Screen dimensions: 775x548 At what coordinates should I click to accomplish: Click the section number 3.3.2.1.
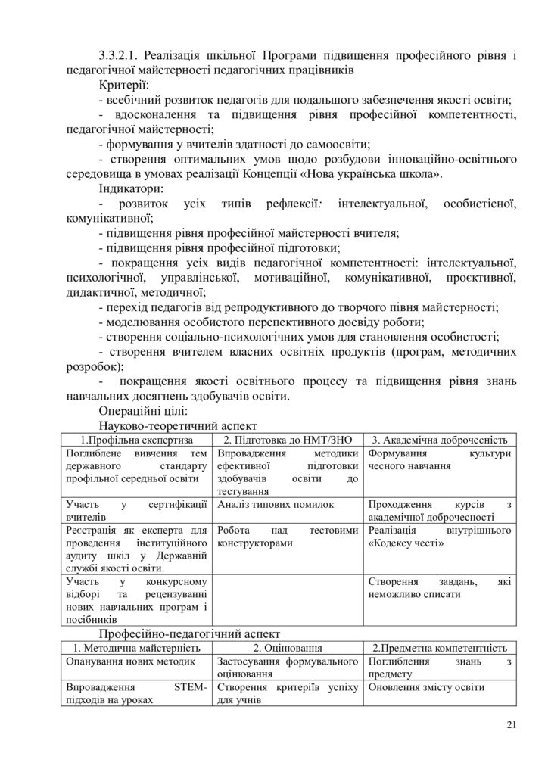click(x=117, y=56)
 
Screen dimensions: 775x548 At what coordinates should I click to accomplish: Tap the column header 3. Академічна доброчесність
click(x=441, y=439)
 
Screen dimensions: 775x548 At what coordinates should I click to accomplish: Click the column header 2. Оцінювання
click(x=288, y=648)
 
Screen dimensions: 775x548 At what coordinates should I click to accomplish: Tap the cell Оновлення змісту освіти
click(x=427, y=687)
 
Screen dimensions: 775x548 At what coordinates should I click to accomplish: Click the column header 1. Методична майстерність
click(x=137, y=648)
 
